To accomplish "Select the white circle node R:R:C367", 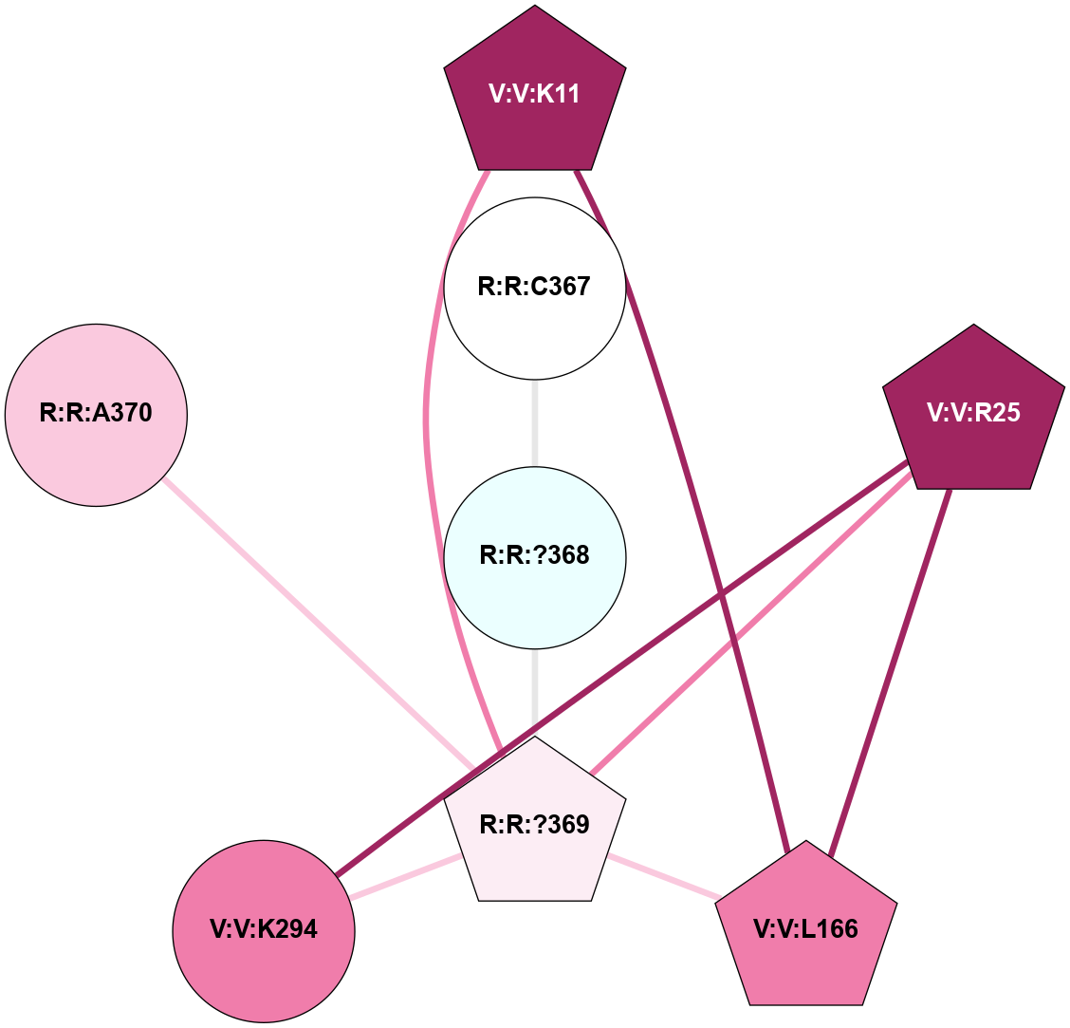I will click(535, 287).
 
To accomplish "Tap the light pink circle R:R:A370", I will click(96, 414).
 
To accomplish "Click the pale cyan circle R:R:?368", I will click(535, 556).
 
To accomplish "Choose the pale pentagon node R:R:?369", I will click(535, 826).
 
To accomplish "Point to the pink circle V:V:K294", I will click(264, 930).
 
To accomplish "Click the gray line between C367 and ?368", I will click(535, 421).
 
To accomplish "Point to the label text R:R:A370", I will click(96, 414).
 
